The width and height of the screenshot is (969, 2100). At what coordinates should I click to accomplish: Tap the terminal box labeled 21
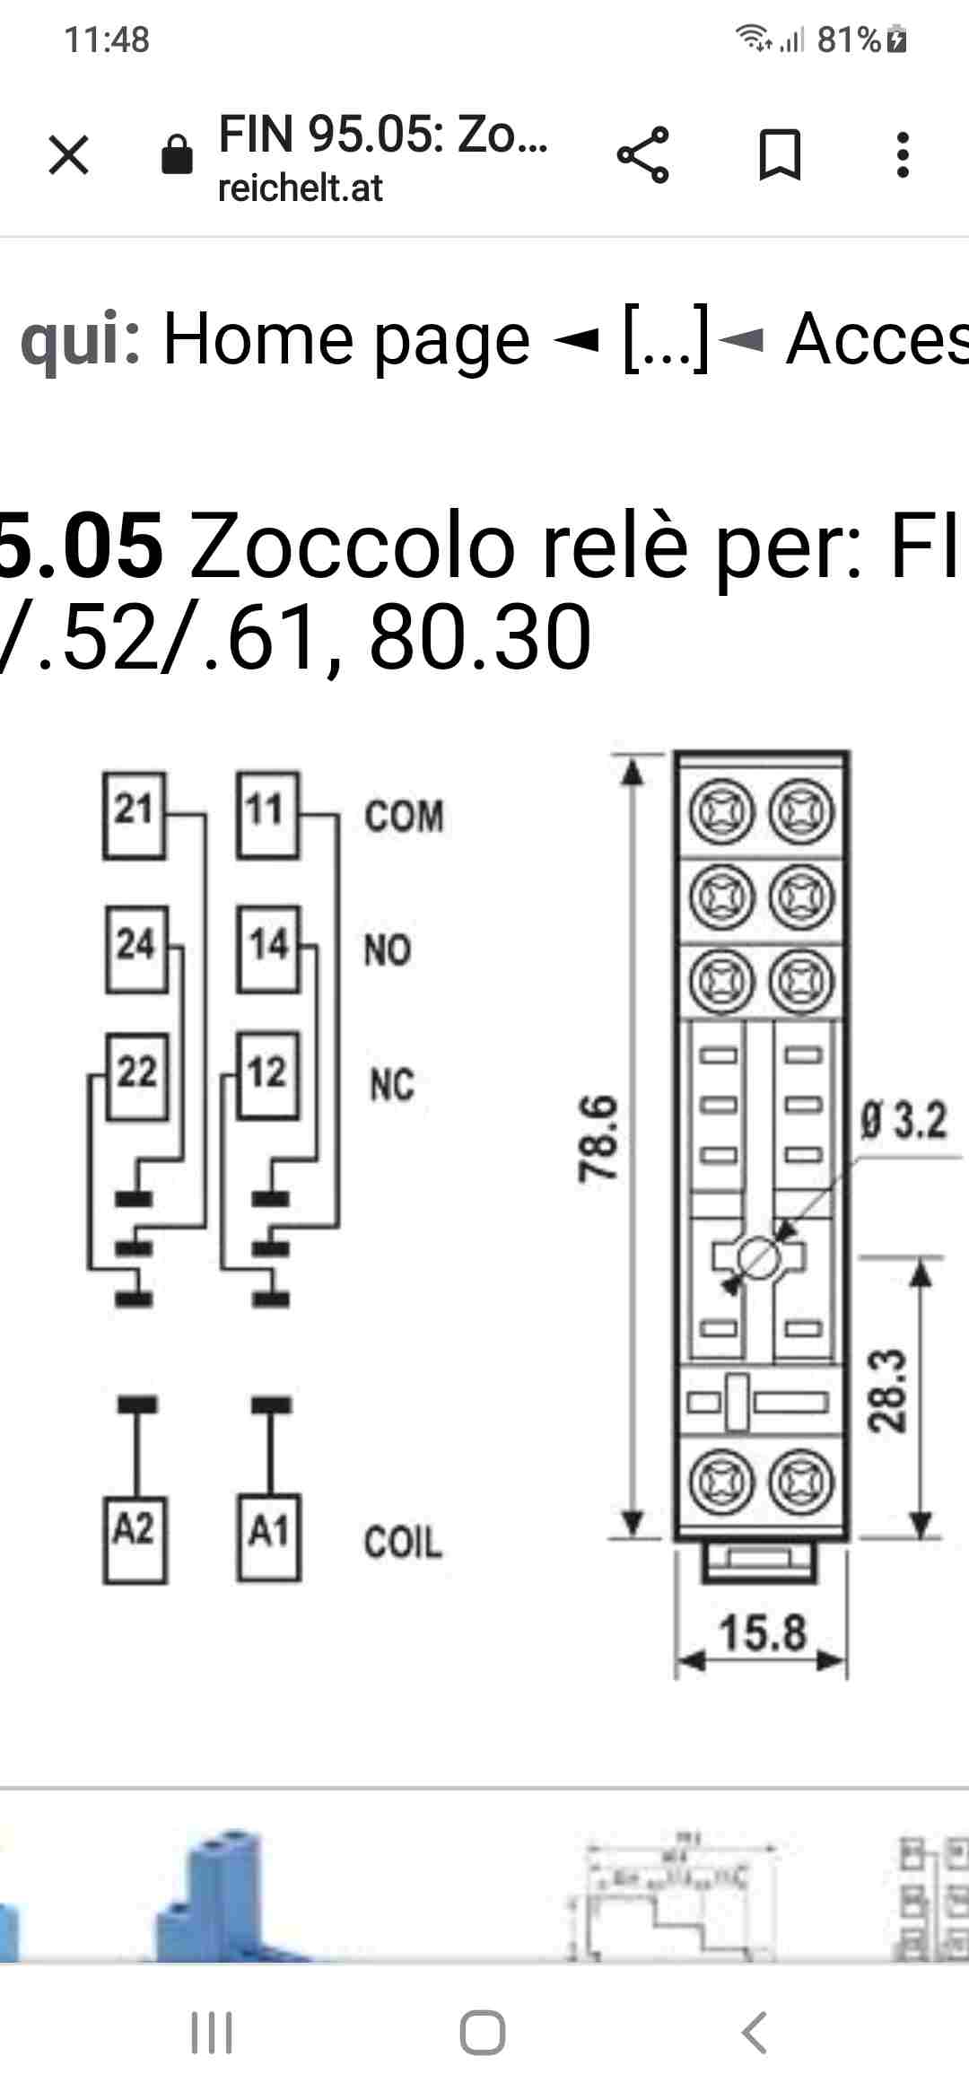click(x=134, y=814)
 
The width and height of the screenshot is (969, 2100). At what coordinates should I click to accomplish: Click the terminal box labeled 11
click(x=266, y=814)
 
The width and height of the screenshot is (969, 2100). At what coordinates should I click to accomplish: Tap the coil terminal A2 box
click(x=135, y=1537)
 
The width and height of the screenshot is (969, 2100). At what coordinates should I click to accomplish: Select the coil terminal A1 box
click(x=268, y=1537)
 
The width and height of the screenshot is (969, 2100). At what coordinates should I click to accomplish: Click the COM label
click(x=404, y=817)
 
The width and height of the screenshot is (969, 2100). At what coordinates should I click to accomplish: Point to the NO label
click(x=388, y=949)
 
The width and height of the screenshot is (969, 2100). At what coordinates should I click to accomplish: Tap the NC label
click(x=392, y=1084)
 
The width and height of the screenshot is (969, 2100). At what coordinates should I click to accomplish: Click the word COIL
click(x=403, y=1542)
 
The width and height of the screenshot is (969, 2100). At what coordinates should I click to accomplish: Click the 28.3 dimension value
click(x=887, y=1389)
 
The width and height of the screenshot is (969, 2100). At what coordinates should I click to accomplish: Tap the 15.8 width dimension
click(x=763, y=1632)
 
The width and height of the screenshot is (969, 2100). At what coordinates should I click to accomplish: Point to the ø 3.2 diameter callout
click(x=904, y=1121)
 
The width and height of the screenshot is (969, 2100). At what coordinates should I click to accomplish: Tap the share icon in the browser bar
click(x=642, y=154)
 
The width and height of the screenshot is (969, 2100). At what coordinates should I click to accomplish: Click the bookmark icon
click(x=780, y=154)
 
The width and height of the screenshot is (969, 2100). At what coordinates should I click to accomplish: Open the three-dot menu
click(x=903, y=154)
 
